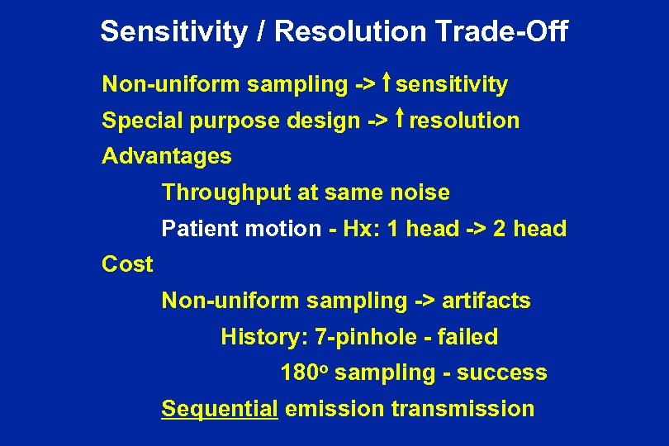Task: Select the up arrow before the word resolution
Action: pyautogui.click(x=399, y=120)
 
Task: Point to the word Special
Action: pyautogui.click(x=141, y=121)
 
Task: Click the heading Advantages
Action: pyautogui.click(x=166, y=156)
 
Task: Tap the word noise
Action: pyautogui.click(x=419, y=193)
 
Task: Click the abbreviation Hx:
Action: pyautogui.click(x=354, y=229)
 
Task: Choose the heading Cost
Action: pyautogui.click(x=127, y=264)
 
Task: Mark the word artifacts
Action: pyautogui.click(x=486, y=301)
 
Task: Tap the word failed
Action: pyautogui.click(x=471, y=337)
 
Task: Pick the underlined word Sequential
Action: pyautogui.click(x=219, y=409)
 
